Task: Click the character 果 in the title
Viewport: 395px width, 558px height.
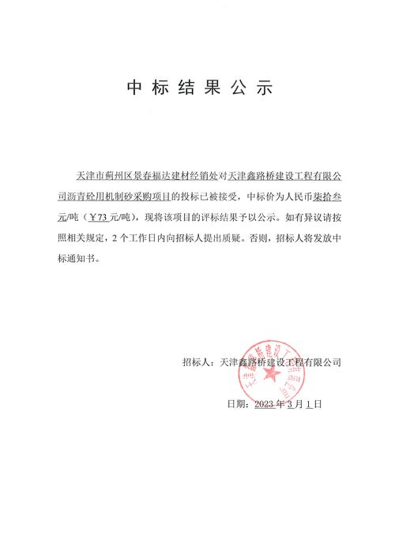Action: click(212, 87)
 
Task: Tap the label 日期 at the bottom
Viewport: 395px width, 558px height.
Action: click(236, 403)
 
